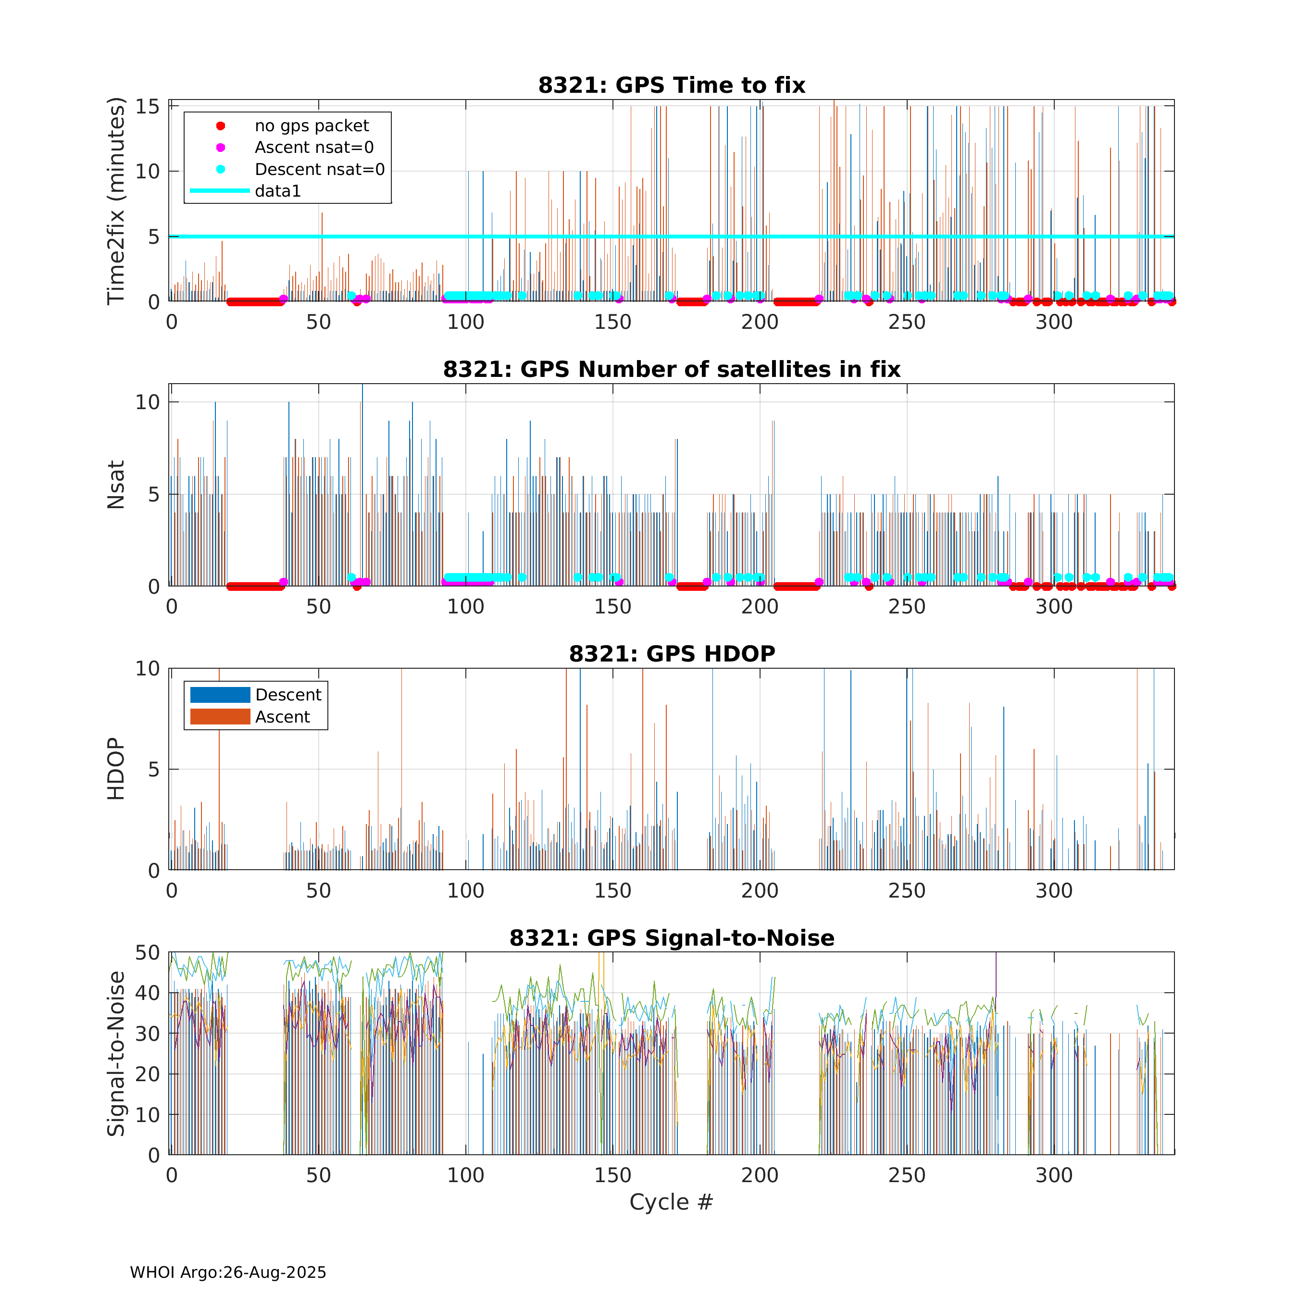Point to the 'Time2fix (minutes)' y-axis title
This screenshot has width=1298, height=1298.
(x=116, y=201)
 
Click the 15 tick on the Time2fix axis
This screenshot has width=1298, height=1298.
(x=148, y=107)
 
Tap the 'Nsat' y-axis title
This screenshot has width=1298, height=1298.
(x=116, y=485)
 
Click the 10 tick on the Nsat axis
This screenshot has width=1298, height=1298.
(x=148, y=402)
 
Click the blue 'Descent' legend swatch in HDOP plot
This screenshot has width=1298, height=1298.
(x=220, y=695)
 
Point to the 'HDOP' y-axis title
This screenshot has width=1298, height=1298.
(x=116, y=769)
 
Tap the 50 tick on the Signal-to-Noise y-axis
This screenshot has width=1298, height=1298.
(x=148, y=953)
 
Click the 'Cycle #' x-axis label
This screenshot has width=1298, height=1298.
(x=671, y=1202)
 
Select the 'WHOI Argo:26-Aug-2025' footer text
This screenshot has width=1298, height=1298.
(x=228, y=1273)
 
